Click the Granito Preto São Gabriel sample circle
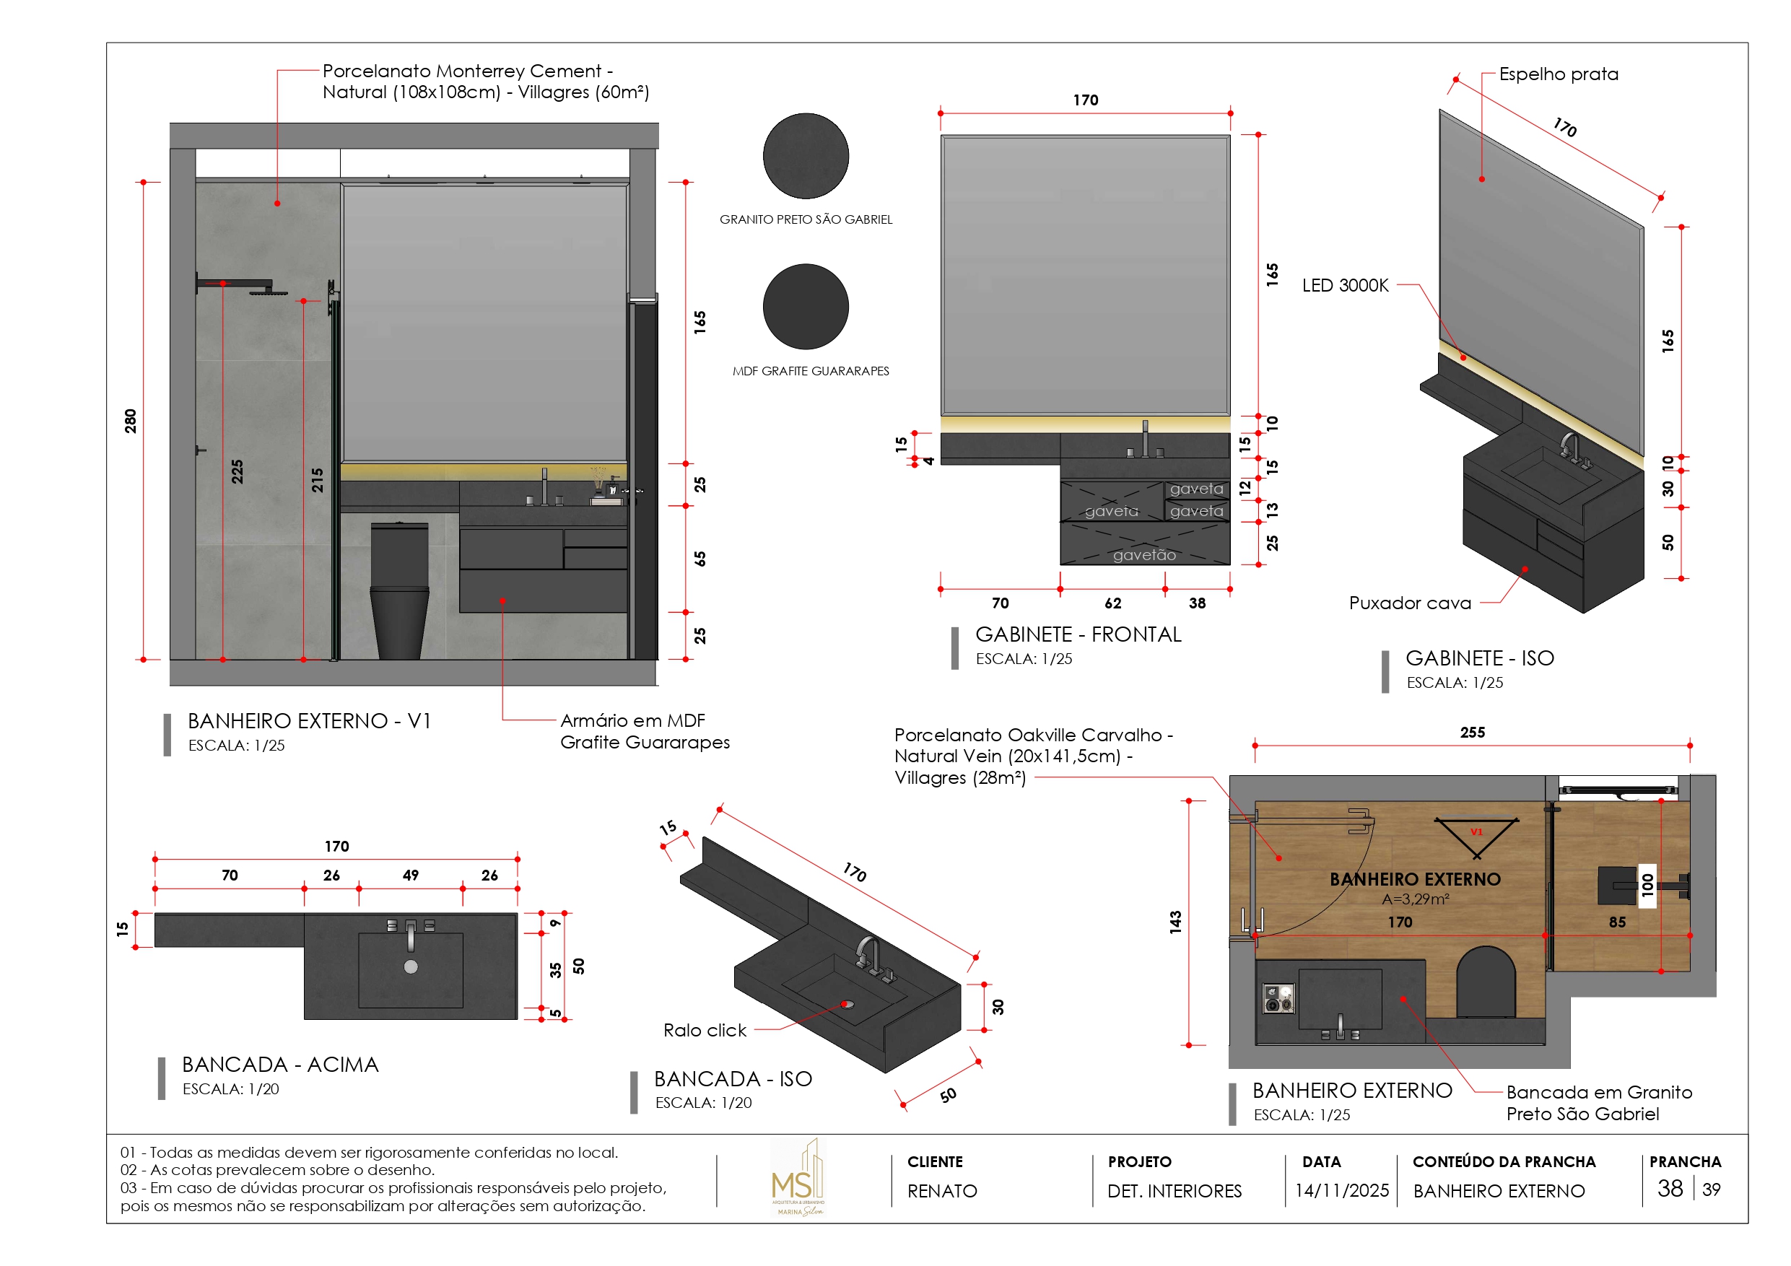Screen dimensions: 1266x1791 (806, 156)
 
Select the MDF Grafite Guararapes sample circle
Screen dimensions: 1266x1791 (806, 307)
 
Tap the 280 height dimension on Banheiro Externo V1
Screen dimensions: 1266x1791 (130, 422)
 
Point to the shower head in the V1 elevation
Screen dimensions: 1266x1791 (269, 292)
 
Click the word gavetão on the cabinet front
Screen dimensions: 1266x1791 (1143, 554)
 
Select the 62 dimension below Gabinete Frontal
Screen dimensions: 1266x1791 (1112, 603)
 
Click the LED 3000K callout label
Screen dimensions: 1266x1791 (1345, 286)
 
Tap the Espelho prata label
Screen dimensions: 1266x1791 (1558, 74)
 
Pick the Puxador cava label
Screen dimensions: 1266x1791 (1410, 603)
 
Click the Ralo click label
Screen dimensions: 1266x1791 (705, 1031)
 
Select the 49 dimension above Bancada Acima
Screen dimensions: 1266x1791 (410, 876)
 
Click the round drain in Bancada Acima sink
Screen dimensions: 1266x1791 (411, 967)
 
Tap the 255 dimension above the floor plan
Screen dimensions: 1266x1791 (1472, 733)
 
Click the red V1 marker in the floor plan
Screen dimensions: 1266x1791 (1476, 832)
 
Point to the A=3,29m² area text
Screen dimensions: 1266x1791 (1415, 899)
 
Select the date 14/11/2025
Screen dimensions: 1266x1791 (1342, 1190)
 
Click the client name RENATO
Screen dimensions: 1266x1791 (941, 1191)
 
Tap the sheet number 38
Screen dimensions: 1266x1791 (1669, 1189)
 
